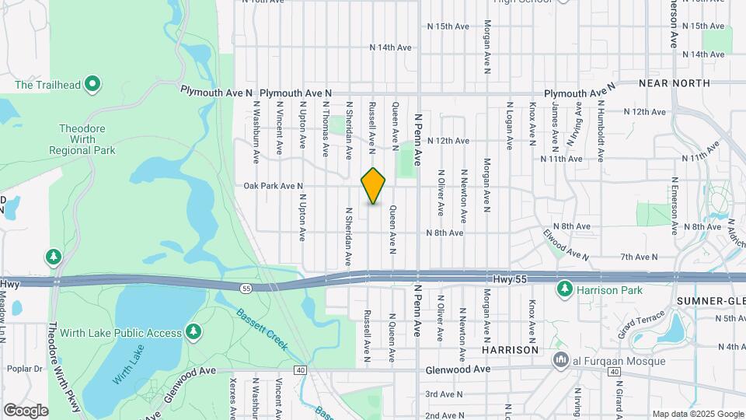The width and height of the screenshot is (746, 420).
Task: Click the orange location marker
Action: coord(374,186)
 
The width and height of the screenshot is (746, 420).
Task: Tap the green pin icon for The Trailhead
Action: coord(92,83)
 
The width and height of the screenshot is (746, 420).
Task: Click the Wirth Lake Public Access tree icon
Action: coord(193,333)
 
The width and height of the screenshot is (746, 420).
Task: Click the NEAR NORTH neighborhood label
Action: coord(675,82)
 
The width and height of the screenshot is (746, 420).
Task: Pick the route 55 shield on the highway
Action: coord(246,289)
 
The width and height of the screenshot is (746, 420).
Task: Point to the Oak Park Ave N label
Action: coord(273,187)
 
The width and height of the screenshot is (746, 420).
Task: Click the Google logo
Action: coord(26,410)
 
